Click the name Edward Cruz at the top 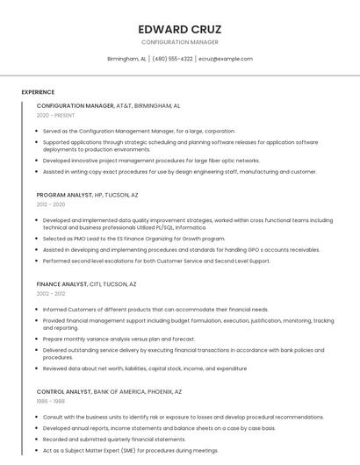pyautogui.click(x=179, y=29)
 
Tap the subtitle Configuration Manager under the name pyautogui.click(x=179, y=42)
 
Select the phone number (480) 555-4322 pyautogui.click(x=172, y=59)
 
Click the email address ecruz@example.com pyautogui.click(x=226, y=59)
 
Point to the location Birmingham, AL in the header pyautogui.click(x=126, y=59)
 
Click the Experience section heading pyautogui.click(x=38, y=92)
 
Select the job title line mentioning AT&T pyautogui.click(x=108, y=105)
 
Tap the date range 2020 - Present pyautogui.click(x=55, y=115)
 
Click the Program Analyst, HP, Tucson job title pyautogui.click(x=87, y=195)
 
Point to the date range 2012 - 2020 pyautogui.click(x=51, y=204)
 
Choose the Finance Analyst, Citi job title pyautogui.click(x=86, y=284)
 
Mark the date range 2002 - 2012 pyautogui.click(x=51, y=294)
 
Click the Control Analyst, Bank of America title pyautogui.click(x=109, y=391)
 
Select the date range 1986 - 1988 pyautogui.click(x=50, y=401)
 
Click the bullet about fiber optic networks pyautogui.click(x=151, y=161)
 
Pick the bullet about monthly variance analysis pyautogui.click(x=119, y=339)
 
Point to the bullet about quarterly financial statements pyautogui.click(x=114, y=439)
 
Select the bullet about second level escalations pyautogui.click(x=156, y=261)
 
